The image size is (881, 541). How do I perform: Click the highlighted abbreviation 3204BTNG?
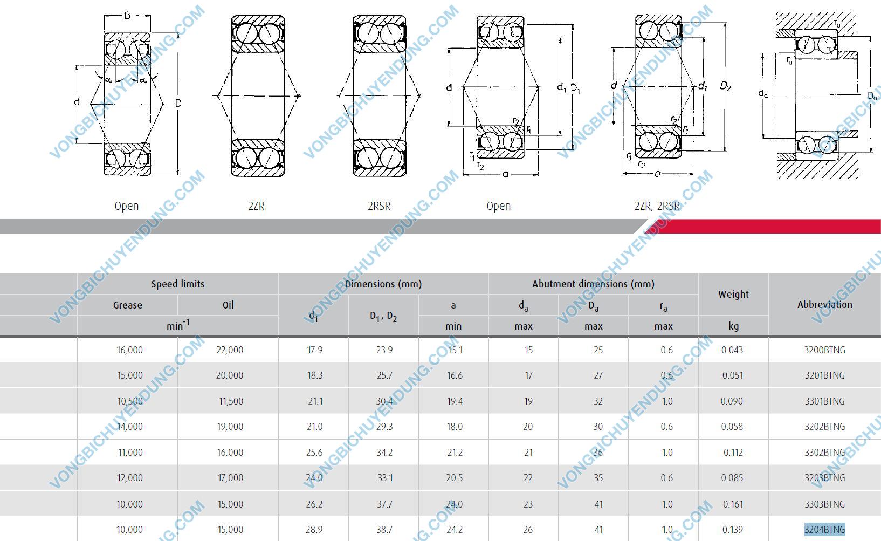click(824, 530)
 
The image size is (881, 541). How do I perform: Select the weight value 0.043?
click(732, 350)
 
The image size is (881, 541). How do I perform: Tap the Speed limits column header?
click(178, 284)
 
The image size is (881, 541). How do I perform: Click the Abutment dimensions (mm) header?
click(593, 284)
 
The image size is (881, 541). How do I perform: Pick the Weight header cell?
click(733, 295)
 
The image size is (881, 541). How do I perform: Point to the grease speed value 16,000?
click(130, 350)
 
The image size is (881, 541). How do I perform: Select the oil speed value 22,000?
click(230, 350)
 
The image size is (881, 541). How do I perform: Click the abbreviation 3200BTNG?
click(824, 350)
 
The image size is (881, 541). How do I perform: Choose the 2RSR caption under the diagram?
click(379, 206)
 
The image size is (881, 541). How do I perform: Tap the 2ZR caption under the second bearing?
click(257, 206)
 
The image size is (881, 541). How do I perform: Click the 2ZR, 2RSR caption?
click(657, 206)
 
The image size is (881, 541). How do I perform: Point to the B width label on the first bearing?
click(127, 16)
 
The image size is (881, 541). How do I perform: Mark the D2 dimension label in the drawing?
click(725, 86)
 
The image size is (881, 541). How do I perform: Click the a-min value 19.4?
click(455, 401)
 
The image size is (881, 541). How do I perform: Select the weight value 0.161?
click(732, 504)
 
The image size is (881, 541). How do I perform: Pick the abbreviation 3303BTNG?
click(824, 504)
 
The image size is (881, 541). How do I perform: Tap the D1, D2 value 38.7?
click(384, 530)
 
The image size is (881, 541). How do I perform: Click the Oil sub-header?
click(228, 305)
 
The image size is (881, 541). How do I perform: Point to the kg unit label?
click(733, 326)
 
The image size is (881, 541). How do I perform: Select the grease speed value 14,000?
click(130, 427)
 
